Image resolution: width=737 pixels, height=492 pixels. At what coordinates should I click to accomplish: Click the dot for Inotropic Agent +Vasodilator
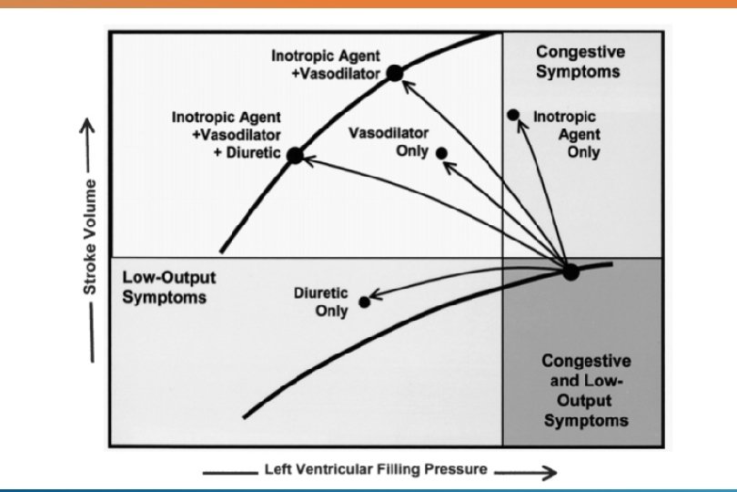click(x=394, y=73)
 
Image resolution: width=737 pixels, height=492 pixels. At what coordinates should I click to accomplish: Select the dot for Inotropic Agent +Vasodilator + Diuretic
click(x=294, y=155)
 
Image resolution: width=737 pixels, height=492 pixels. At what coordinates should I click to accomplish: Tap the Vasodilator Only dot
click(x=442, y=153)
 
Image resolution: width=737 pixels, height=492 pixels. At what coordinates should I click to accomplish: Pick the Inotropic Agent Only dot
click(x=513, y=114)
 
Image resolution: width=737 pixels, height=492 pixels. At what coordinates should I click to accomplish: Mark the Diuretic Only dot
click(x=365, y=302)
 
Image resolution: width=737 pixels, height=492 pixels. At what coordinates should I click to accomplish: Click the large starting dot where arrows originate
click(x=570, y=272)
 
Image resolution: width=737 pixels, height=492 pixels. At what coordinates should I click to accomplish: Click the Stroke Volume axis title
click(x=90, y=241)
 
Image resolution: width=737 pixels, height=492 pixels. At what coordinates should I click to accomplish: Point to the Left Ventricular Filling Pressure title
click(x=375, y=471)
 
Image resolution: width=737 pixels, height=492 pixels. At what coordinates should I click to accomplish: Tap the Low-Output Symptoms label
click(x=164, y=286)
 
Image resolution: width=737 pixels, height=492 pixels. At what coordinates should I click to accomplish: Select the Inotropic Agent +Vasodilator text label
click(x=325, y=65)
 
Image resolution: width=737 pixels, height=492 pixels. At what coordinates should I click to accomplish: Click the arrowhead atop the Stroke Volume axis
click(x=90, y=127)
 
